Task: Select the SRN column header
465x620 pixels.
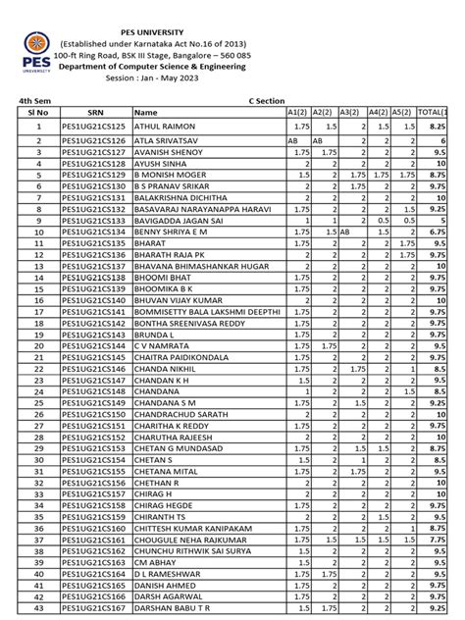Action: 95,113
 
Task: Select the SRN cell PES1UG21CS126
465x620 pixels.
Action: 94,141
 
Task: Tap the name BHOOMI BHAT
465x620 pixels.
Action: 159,278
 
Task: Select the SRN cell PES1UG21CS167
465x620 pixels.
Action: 94,607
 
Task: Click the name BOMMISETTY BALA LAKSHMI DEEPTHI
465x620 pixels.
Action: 202,312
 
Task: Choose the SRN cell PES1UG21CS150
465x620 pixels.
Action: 94,414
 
